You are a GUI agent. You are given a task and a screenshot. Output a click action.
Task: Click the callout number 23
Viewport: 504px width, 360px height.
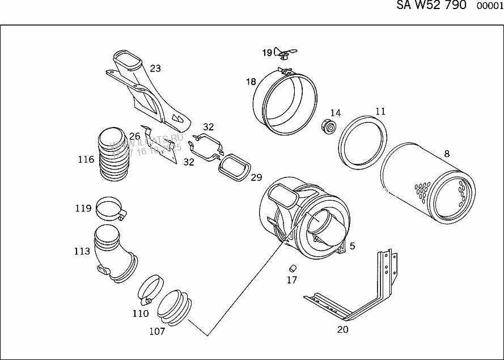(x=155, y=69)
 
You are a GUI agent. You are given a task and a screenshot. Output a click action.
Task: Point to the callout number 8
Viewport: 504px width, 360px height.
(x=447, y=153)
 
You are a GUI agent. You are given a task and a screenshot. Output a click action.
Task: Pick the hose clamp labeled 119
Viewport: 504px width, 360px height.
(x=110, y=209)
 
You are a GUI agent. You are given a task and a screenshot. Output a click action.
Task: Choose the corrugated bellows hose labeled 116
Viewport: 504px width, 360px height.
(x=114, y=156)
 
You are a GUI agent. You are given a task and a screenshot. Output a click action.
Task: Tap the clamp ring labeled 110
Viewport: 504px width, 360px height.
(x=150, y=289)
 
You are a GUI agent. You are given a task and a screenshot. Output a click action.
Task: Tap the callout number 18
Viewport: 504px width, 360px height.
(x=251, y=82)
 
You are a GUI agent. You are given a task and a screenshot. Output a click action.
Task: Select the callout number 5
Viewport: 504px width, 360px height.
(x=352, y=245)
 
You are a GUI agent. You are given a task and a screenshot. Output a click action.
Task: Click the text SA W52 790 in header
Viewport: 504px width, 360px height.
(x=430, y=5)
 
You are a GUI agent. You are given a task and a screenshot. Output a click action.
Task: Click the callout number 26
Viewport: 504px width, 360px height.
(x=134, y=136)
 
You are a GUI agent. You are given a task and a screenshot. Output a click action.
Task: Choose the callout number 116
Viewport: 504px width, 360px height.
(x=86, y=160)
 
